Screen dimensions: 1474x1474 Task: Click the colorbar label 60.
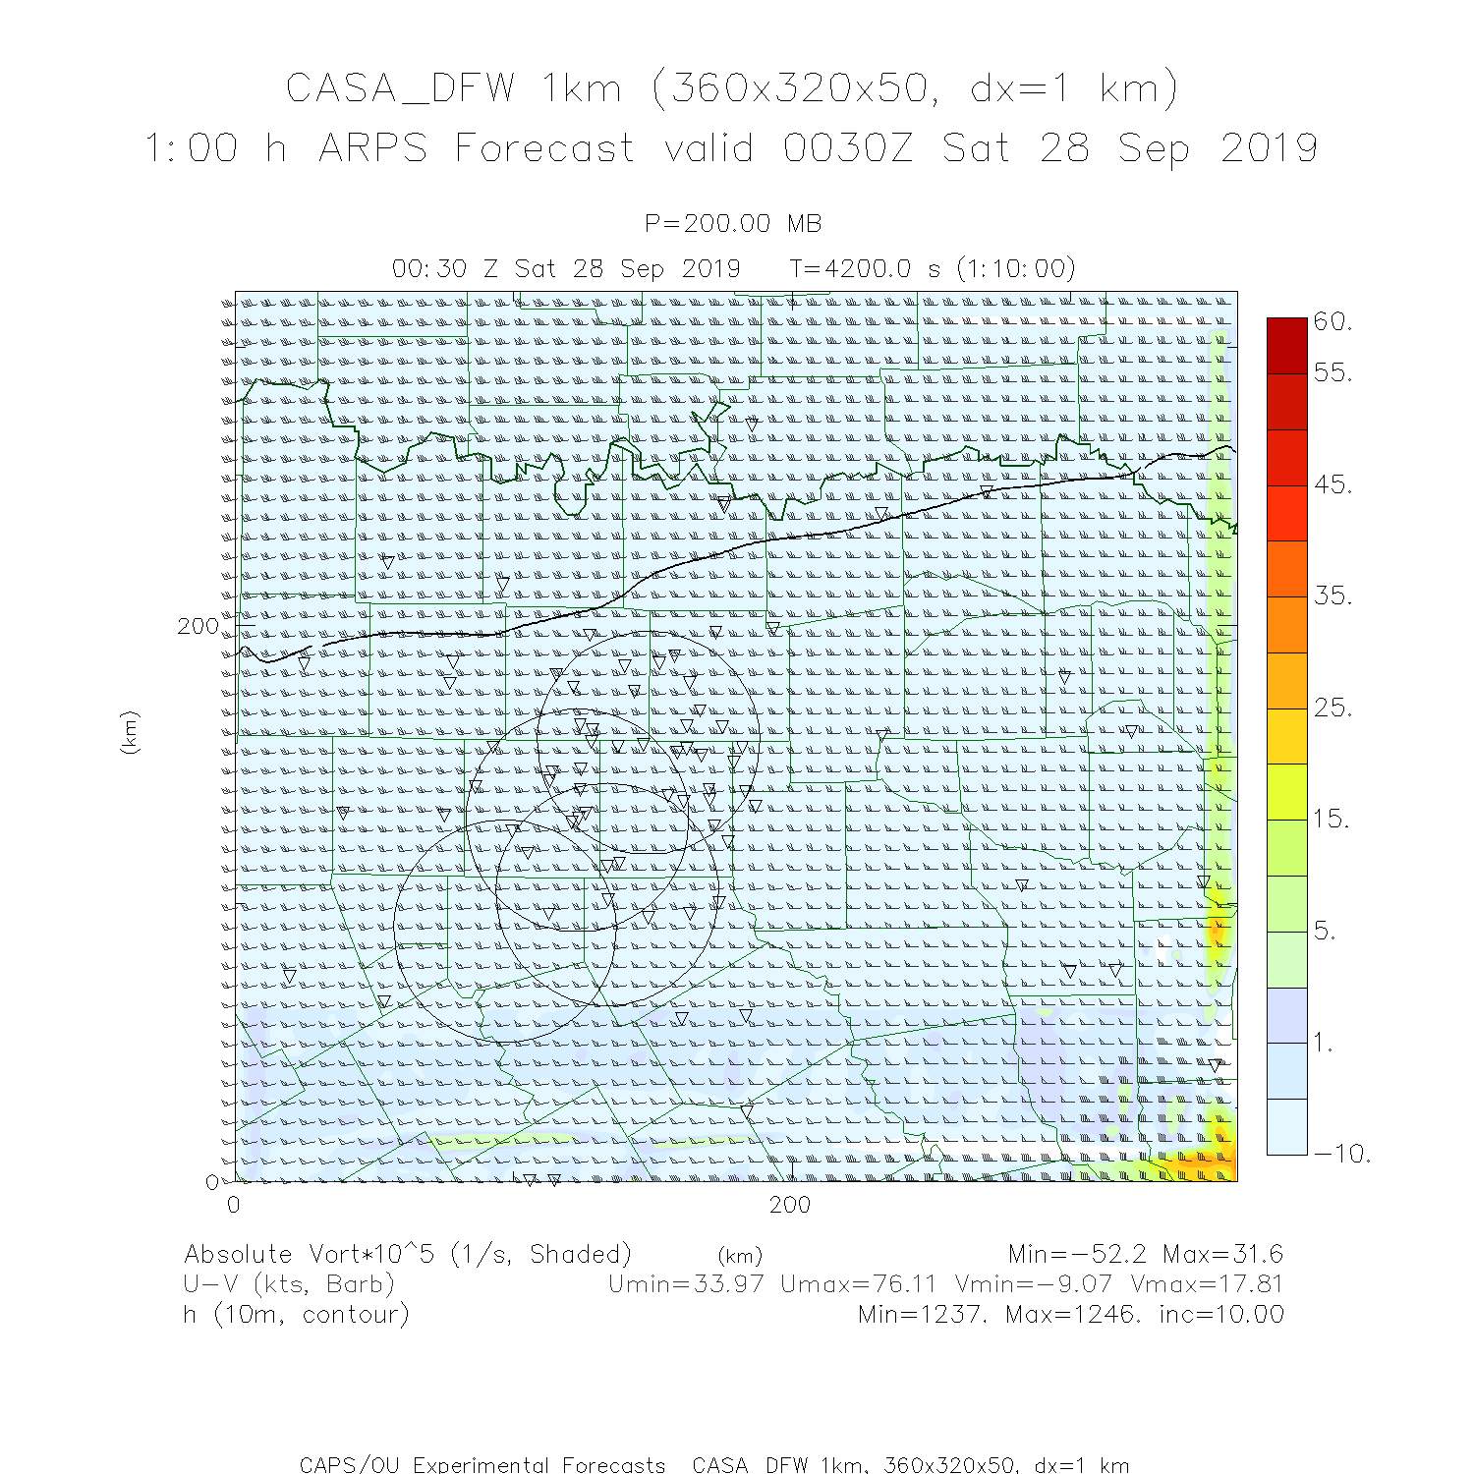[1332, 321]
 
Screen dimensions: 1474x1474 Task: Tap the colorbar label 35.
[1332, 595]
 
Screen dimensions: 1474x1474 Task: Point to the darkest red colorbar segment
[1287, 345]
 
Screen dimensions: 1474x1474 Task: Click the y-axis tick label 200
[198, 627]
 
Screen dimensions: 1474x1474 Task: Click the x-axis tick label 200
[790, 1205]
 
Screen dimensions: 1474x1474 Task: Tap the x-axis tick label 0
[234, 1205]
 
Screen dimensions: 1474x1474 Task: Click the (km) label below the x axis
[740, 1256]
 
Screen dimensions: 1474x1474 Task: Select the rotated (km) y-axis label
[130, 732]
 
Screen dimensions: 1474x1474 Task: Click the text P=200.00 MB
[733, 224]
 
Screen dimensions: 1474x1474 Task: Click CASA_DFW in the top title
[400, 89]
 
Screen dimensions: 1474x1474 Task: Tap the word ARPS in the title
[373, 149]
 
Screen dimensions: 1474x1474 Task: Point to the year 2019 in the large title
[1269, 149]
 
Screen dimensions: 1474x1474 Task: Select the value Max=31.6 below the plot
[1222, 1254]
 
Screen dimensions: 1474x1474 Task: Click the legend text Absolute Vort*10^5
[312, 1255]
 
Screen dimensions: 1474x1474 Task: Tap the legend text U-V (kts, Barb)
[289, 1284]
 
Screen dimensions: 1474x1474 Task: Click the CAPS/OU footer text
[482, 1464]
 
